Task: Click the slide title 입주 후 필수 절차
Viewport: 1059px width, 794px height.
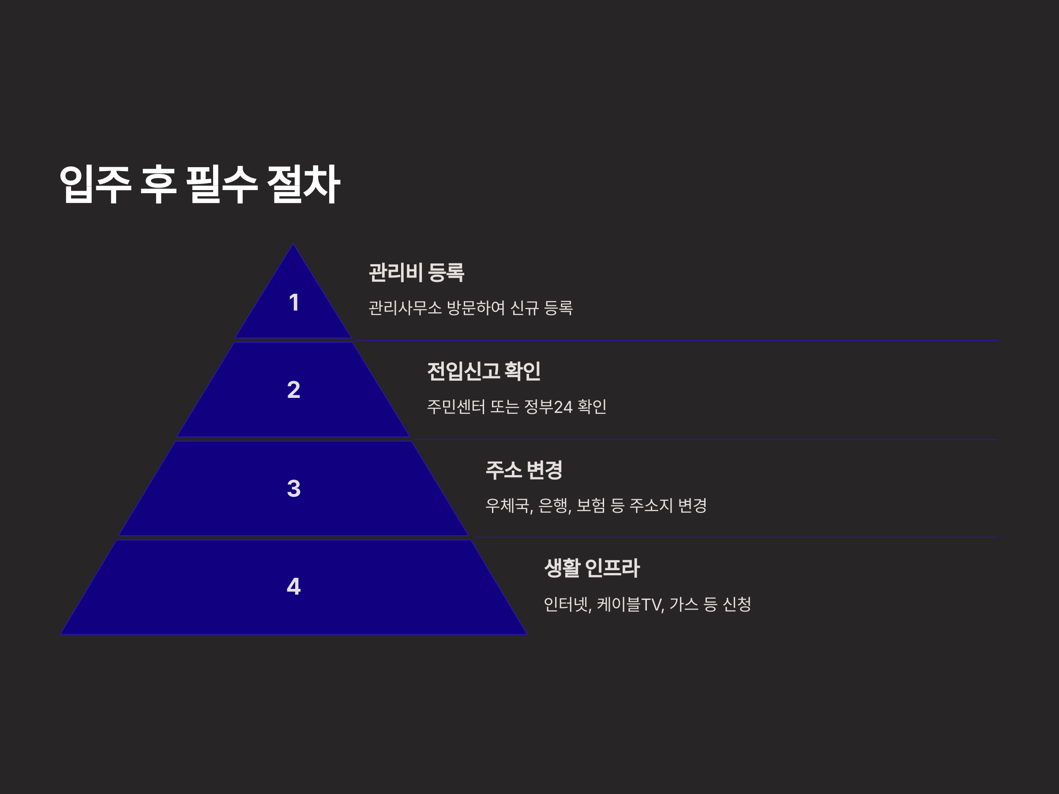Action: coord(199,185)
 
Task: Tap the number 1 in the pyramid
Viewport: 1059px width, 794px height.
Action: coord(294,303)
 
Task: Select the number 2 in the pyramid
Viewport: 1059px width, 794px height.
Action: coord(293,390)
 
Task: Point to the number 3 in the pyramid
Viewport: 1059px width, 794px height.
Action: coord(293,489)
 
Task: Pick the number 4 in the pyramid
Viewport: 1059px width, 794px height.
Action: coord(293,586)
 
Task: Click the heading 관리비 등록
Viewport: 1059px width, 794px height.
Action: coord(416,272)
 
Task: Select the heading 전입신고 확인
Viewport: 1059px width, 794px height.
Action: coord(484,371)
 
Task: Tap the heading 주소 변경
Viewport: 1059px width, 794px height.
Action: coord(524,469)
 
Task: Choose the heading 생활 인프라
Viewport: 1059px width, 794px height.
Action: coord(592,568)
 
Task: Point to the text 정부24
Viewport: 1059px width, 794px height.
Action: coord(548,407)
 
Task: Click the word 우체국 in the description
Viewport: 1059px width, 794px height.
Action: coord(507,506)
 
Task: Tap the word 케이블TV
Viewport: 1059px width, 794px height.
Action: coord(630,604)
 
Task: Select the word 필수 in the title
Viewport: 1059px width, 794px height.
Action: coord(222,185)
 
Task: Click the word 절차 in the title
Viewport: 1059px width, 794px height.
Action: coord(304,185)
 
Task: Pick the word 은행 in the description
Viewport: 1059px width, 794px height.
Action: coord(553,506)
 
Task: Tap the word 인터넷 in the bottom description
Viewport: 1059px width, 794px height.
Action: coord(567,604)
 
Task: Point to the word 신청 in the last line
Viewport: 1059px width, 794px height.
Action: coord(736,604)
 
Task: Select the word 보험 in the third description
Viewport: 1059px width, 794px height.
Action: coord(591,506)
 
